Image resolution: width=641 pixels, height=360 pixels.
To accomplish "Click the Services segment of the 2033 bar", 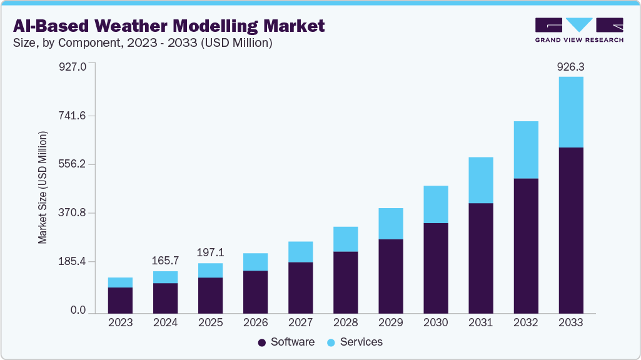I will point(570,112).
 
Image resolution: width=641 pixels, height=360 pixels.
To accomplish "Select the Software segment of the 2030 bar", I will point(435,267).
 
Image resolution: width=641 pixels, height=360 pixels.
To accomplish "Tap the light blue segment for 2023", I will point(120,282).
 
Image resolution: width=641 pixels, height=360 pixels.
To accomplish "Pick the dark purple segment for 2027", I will point(300,287).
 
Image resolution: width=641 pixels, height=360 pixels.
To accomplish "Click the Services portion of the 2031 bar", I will point(480,180).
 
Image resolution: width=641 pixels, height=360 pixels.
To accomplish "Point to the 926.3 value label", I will point(570,67).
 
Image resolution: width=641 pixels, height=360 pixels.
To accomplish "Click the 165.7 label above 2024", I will point(165,261).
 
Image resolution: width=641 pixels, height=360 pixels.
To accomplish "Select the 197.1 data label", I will point(210,252).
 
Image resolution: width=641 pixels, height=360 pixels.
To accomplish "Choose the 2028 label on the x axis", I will point(345,323).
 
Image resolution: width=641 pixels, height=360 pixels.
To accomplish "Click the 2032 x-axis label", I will point(525,323).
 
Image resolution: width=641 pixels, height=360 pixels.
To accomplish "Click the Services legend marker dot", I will point(330,342).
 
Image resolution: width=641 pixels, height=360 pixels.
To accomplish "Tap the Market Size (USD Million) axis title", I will point(43,187).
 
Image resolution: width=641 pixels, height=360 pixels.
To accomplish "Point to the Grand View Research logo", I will point(579,30).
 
